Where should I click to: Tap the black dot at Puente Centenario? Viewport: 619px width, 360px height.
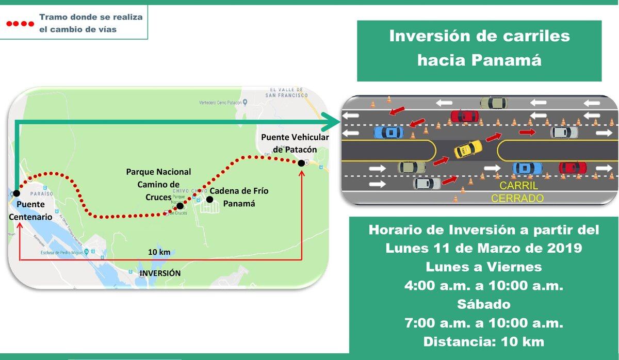point(17,193)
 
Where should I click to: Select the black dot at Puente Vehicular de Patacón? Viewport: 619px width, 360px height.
point(301,163)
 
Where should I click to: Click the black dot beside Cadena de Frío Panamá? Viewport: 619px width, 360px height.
point(209,199)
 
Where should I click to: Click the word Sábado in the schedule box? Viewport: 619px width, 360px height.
point(483,304)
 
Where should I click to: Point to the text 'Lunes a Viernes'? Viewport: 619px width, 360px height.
point(483,267)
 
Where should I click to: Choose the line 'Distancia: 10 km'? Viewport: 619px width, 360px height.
point(483,341)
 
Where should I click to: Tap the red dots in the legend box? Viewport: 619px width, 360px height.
point(20,24)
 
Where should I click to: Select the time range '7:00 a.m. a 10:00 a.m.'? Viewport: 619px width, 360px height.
point(483,323)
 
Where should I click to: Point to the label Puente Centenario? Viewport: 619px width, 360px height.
point(30,211)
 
